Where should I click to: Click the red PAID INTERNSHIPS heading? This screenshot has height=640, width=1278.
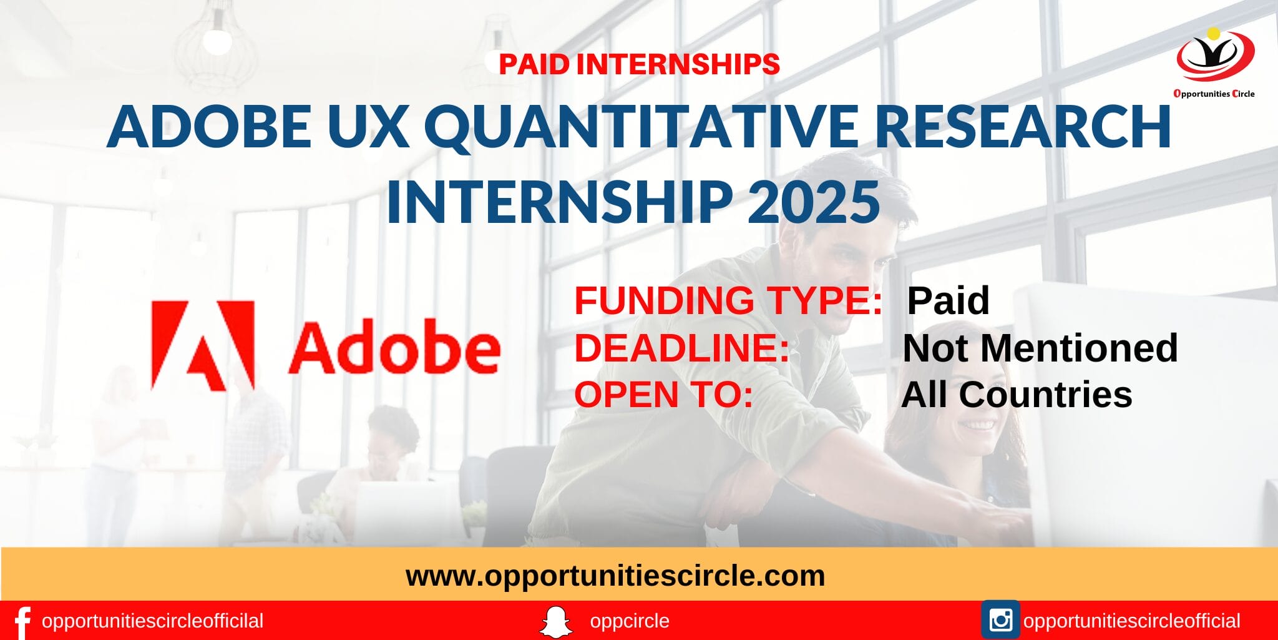639,64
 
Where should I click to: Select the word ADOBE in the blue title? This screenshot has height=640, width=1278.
209,127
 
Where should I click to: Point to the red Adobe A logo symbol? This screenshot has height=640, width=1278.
203,346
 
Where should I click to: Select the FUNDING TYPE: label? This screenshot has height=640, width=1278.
728,300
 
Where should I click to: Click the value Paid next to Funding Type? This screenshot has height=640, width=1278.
947,300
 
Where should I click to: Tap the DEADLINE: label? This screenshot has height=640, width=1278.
682,348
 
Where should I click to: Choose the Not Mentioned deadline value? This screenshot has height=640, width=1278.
1040,348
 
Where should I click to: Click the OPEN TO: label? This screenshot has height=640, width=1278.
663,395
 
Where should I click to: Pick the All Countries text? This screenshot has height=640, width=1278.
1017,395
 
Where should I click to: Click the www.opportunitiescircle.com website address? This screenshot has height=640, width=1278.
615,576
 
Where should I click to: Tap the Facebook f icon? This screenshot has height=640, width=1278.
22,622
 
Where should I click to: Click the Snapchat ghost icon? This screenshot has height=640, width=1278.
555,621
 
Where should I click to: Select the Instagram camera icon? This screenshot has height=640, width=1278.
1000,620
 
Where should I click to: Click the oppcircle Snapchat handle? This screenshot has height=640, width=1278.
629,621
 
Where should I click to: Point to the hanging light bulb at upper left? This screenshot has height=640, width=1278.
216,41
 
